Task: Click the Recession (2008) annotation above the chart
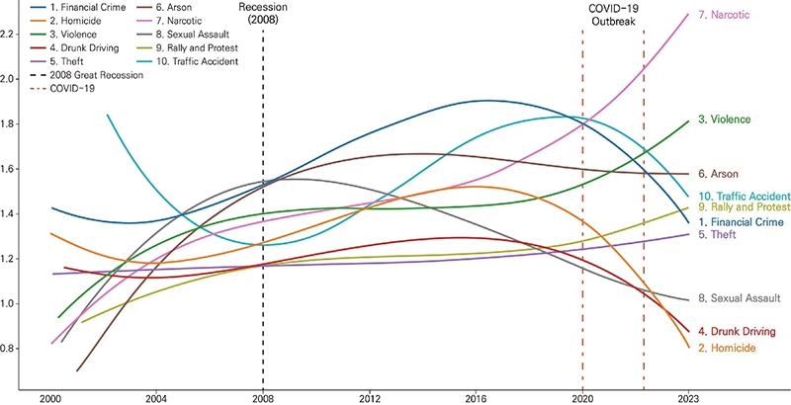point(263,14)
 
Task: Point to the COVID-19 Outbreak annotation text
point(613,14)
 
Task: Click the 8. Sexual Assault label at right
point(743,297)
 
